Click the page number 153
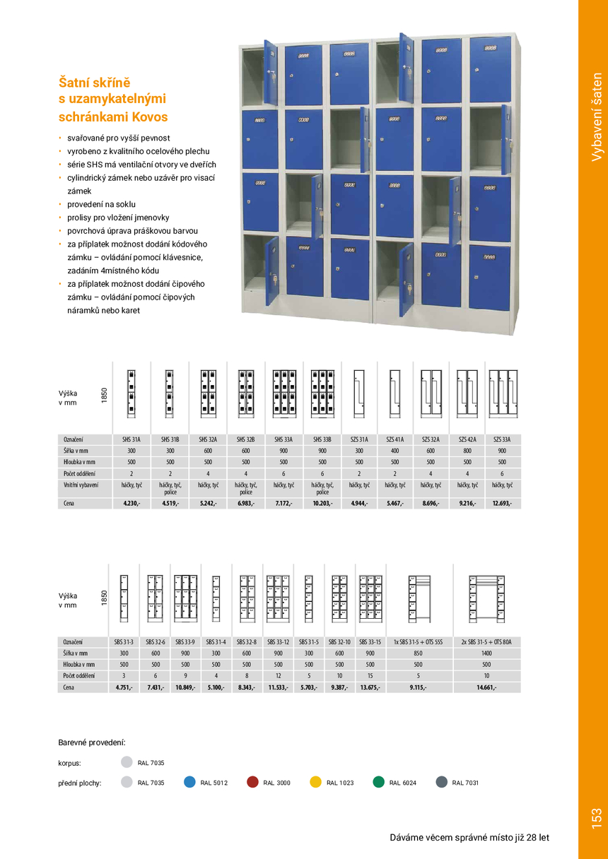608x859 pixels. [x=596, y=819]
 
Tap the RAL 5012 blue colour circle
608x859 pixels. [x=189, y=782]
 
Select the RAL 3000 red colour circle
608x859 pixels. [x=252, y=782]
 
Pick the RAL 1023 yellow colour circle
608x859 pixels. [x=316, y=782]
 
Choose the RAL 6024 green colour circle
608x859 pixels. [x=379, y=782]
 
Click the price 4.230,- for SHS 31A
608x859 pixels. [x=131, y=504]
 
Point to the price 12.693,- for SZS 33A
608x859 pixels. [x=503, y=504]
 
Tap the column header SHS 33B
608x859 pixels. [x=322, y=439]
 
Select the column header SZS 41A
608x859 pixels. [x=394, y=439]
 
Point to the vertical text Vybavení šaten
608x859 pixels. [x=597, y=117]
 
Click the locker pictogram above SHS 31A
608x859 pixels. [x=131, y=392]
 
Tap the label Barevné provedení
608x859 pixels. [x=92, y=742]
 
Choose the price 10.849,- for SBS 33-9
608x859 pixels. [x=185, y=687]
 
